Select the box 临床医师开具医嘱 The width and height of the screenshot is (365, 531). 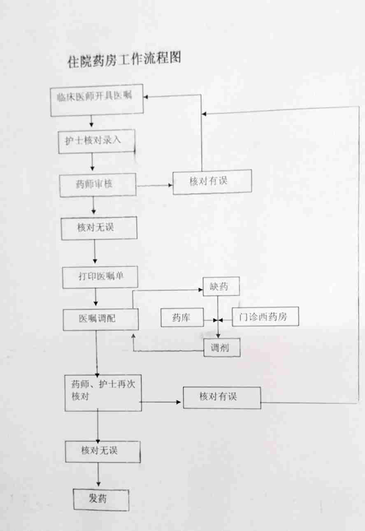click(97, 101)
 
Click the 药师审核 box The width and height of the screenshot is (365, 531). click(98, 185)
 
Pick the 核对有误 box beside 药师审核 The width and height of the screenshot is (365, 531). click(212, 181)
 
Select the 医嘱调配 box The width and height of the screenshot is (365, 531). click(100, 319)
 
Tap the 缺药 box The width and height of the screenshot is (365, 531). click(221, 287)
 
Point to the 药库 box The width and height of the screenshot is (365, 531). click(182, 318)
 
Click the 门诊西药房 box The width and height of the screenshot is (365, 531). click(265, 317)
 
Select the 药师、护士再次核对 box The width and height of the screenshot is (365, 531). click(103, 392)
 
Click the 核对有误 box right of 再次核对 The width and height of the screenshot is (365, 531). click(221, 397)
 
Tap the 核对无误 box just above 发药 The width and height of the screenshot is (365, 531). click(103, 451)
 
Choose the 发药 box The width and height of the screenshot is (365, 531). click(101, 499)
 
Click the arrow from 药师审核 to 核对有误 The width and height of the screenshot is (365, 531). click(154, 185)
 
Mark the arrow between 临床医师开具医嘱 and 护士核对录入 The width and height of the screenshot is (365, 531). click(92, 121)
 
